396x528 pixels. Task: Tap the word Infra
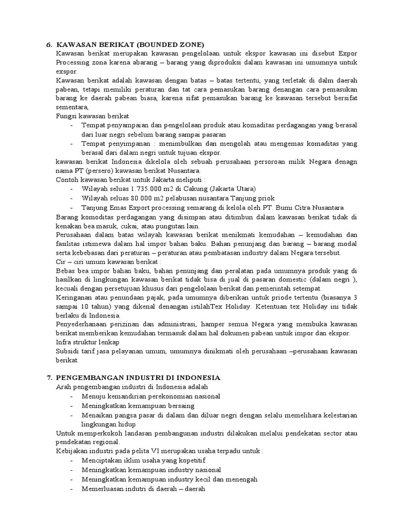pyautogui.click(x=63, y=342)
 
